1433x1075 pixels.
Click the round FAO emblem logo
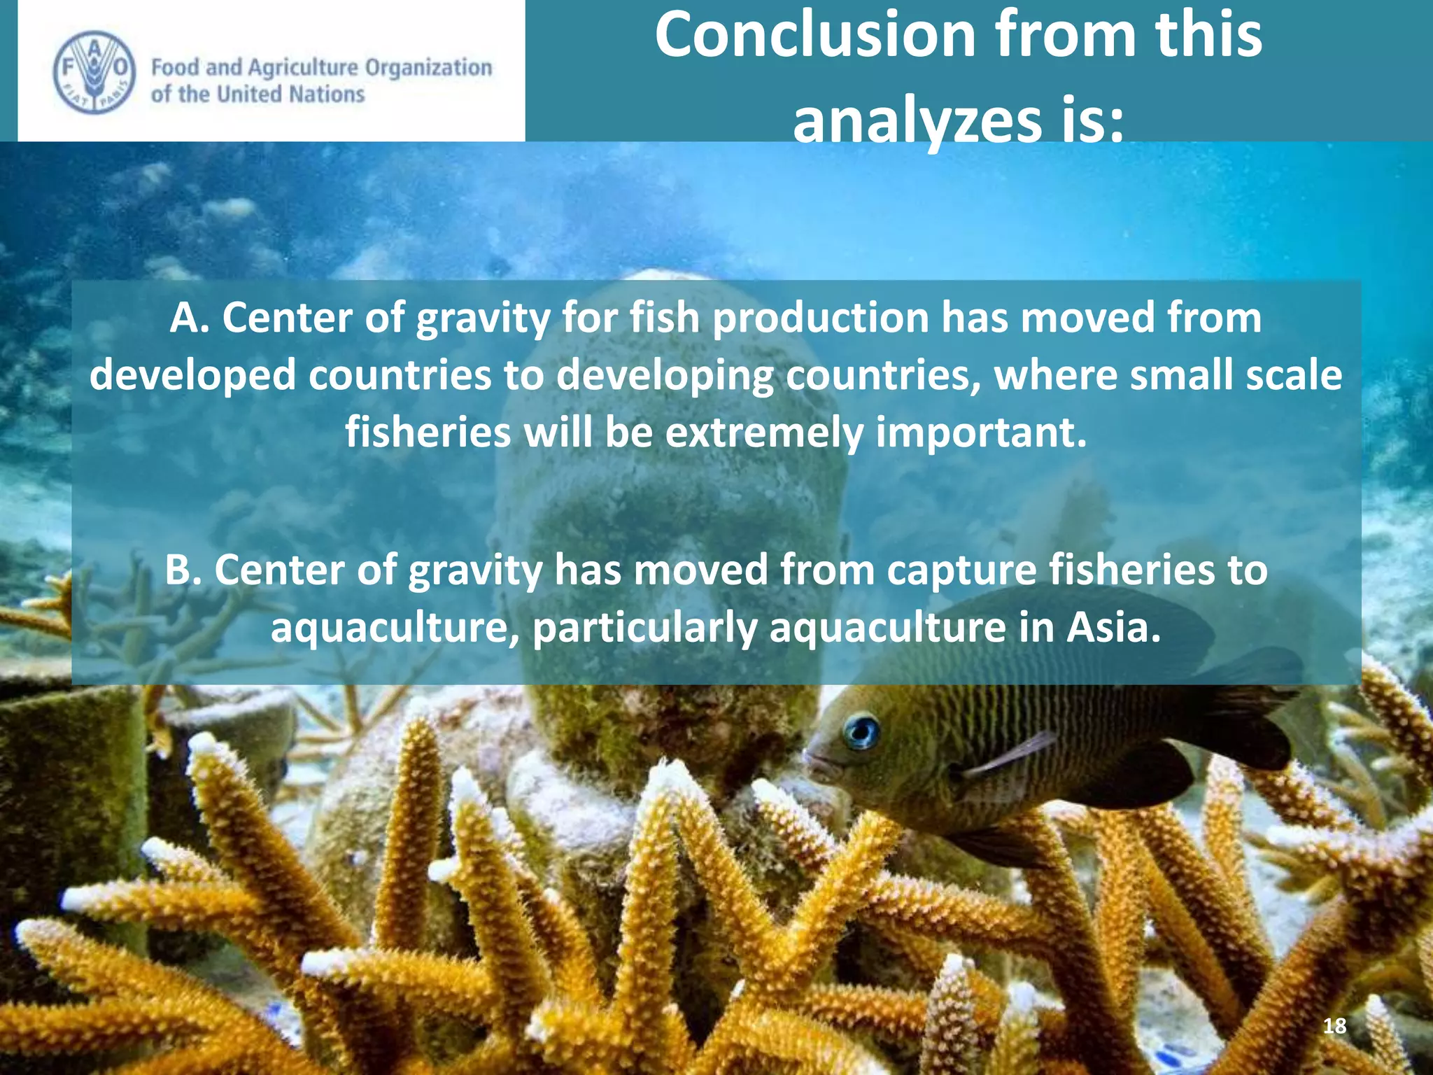[x=94, y=71]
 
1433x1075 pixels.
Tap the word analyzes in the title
[x=917, y=120]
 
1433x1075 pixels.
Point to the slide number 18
[x=1334, y=1026]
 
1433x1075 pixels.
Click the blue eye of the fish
[x=861, y=732]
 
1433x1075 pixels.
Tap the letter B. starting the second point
[x=183, y=570]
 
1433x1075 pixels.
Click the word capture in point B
[x=961, y=570]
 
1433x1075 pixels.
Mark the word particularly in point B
[x=644, y=627]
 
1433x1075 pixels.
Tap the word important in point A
[x=981, y=433]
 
